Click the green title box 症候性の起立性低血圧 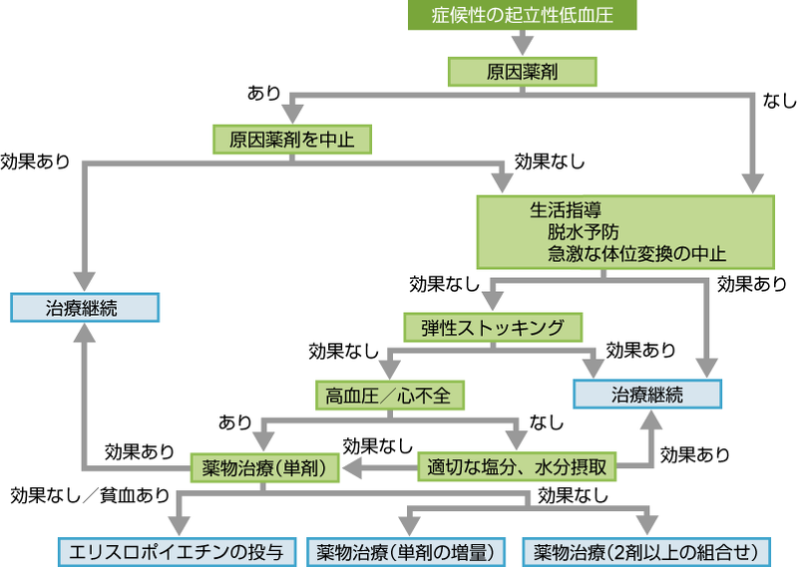pos(521,16)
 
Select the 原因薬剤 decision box pos(521,72)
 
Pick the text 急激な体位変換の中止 pos(635,253)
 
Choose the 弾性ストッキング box pos(493,328)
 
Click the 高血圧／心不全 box pos(388,395)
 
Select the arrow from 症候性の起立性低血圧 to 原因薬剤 pos(521,43)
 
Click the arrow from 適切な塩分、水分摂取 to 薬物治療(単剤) pos(380,465)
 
